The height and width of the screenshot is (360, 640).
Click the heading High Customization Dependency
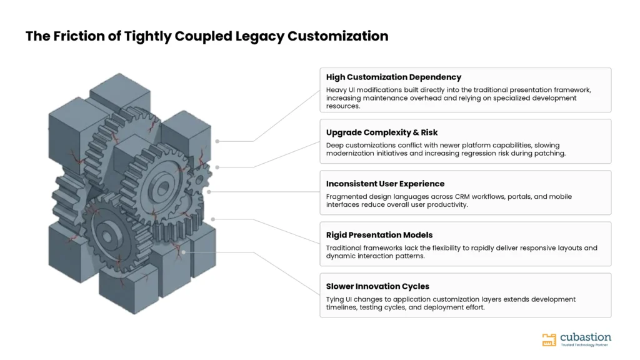[394, 77]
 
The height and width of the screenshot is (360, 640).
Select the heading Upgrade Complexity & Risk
[382, 132]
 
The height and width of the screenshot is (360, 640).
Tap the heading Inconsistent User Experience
[385, 184]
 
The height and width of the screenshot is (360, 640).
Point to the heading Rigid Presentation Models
[379, 235]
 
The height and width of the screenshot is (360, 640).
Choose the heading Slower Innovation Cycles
[377, 286]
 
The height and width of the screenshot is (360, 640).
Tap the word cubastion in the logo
[586, 337]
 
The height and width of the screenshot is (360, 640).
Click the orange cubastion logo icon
[549, 339]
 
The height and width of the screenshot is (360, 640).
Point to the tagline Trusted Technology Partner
[584, 345]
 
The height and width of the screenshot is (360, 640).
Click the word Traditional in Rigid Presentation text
[344, 248]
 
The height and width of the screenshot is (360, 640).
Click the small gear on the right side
[199, 179]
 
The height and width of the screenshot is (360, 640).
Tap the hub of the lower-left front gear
[107, 236]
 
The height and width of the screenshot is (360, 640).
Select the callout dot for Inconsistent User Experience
[209, 192]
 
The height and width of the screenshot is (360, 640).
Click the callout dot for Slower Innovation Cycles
[184, 252]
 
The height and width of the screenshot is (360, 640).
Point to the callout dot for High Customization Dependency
[217, 141]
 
